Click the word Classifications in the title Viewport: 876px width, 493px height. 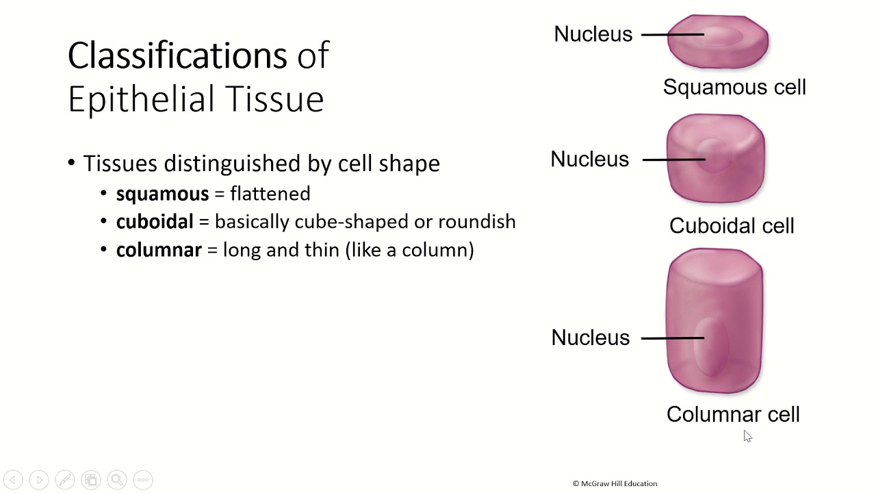coord(177,55)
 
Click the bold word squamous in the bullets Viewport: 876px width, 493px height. coord(162,194)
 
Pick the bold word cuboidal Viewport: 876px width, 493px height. coord(155,222)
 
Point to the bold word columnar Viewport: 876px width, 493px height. coord(159,250)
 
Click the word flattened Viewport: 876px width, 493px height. coord(270,194)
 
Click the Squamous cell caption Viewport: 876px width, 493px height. coord(734,88)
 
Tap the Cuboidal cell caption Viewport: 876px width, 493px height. coord(732,226)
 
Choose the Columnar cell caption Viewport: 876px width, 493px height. coord(733,414)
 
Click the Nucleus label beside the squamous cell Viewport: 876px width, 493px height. coord(593,34)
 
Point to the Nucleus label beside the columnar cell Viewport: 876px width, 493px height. coord(590,338)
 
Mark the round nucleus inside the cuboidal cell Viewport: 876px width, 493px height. coord(714,155)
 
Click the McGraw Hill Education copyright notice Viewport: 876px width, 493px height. coord(615,483)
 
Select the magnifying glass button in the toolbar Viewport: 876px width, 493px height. coord(116,480)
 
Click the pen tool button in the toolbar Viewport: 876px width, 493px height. coord(65,480)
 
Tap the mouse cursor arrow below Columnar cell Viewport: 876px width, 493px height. coord(747,436)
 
